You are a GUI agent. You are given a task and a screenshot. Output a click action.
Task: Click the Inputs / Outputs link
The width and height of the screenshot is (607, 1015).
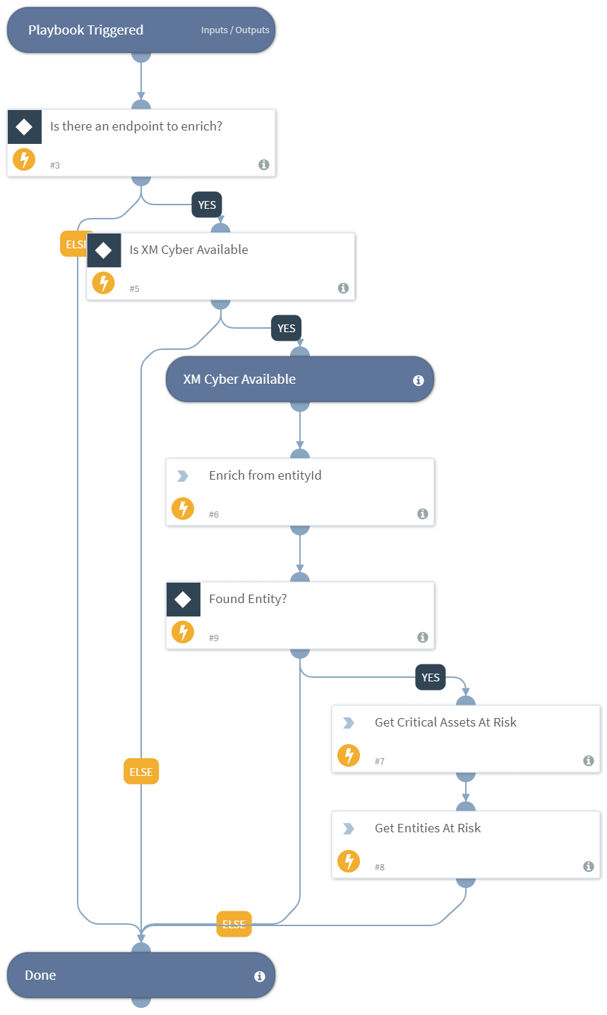pyautogui.click(x=235, y=30)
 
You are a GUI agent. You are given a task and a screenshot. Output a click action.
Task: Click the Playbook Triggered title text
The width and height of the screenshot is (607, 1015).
pyautogui.click(x=85, y=30)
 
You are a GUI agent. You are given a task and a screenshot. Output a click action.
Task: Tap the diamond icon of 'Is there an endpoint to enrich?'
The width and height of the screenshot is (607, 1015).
pyautogui.click(x=25, y=127)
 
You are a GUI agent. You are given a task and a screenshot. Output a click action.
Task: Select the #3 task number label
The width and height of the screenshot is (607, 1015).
pyautogui.click(x=55, y=165)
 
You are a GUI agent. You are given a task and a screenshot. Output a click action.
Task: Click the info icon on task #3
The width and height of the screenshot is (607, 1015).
pyautogui.click(x=264, y=164)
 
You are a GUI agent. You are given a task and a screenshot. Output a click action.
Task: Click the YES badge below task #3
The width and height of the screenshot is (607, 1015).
pyautogui.click(x=207, y=205)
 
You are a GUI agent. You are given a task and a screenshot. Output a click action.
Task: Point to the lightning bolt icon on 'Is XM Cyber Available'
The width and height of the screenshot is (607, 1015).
pyautogui.click(x=104, y=283)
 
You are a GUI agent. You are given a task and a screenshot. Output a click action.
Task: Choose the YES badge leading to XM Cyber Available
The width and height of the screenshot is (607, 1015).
pyautogui.click(x=287, y=329)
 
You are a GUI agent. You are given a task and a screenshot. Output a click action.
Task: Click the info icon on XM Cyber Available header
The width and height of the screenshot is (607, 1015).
pyautogui.click(x=419, y=380)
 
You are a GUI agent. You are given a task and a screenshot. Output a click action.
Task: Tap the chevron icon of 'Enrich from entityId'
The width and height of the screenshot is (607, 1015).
pyautogui.click(x=183, y=476)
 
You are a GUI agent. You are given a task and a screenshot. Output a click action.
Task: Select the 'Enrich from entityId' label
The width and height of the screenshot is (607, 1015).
pyautogui.click(x=265, y=475)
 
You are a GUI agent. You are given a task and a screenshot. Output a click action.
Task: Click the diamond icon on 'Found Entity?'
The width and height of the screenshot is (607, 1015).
pyautogui.click(x=184, y=600)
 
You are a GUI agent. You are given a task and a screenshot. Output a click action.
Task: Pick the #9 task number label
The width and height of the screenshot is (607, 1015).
pyautogui.click(x=214, y=638)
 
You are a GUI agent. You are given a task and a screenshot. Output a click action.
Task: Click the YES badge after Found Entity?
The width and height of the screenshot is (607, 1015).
pyautogui.click(x=431, y=678)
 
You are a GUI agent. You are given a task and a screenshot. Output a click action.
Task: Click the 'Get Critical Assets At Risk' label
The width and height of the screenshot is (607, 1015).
pyautogui.click(x=445, y=722)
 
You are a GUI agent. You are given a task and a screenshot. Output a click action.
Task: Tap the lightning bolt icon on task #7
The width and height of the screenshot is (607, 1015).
pyautogui.click(x=349, y=755)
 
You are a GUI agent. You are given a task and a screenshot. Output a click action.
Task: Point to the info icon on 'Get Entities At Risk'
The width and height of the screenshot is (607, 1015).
pyautogui.click(x=589, y=866)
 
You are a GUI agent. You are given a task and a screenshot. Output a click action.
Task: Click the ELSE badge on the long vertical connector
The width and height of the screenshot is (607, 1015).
pyautogui.click(x=141, y=772)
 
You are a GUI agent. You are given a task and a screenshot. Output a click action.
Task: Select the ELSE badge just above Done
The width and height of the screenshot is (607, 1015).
pyautogui.click(x=234, y=924)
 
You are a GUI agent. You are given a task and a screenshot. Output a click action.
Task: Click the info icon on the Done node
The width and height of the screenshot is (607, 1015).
pyautogui.click(x=260, y=976)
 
